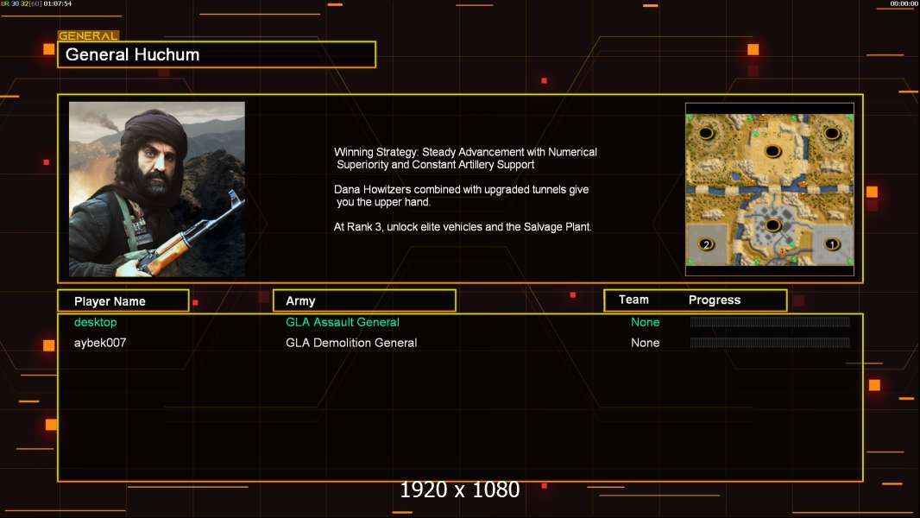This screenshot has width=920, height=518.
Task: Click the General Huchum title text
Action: click(x=132, y=54)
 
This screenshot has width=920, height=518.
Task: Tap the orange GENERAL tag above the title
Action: click(x=88, y=35)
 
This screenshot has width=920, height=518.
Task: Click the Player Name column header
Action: click(x=110, y=301)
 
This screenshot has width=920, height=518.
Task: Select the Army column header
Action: click(x=300, y=301)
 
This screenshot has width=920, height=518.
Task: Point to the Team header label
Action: click(x=633, y=300)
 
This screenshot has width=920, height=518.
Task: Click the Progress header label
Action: click(x=714, y=300)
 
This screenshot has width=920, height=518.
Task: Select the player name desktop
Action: click(x=95, y=322)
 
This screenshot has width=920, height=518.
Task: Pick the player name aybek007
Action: click(x=100, y=343)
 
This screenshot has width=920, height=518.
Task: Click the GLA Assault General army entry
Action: click(x=342, y=322)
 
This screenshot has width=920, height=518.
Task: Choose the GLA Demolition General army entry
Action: click(x=351, y=343)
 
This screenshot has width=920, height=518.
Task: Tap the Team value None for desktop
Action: click(x=645, y=322)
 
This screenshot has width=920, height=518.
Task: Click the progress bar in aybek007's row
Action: click(x=770, y=343)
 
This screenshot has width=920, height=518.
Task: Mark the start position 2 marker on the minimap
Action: click(x=706, y=244)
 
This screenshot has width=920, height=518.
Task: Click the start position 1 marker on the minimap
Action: click(x=831, y=244)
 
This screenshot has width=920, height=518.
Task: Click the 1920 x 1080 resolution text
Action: click(x=459, y=490)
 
